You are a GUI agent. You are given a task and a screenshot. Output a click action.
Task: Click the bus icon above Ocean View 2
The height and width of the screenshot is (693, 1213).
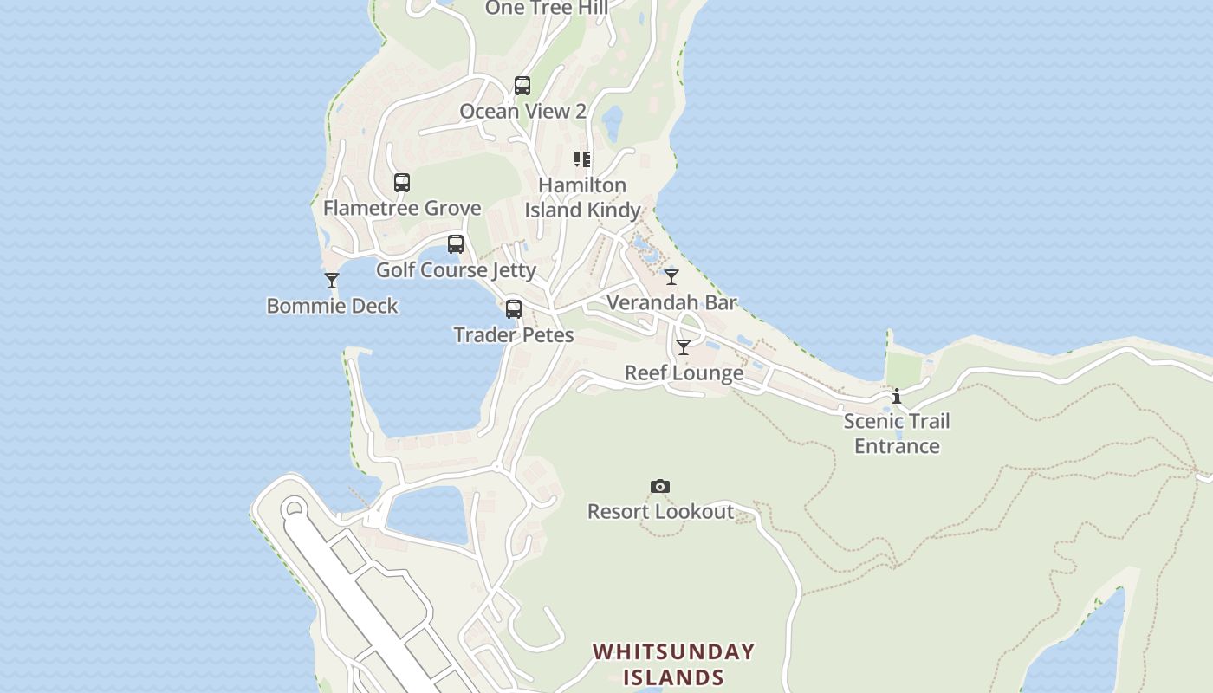(522, 86)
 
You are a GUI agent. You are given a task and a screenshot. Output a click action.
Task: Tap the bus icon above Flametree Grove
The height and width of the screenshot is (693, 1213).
(402, 183)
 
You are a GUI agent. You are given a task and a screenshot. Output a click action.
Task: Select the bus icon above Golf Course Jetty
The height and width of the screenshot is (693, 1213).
(456, 244)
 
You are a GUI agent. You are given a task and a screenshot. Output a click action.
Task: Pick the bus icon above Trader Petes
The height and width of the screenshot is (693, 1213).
(514, 309)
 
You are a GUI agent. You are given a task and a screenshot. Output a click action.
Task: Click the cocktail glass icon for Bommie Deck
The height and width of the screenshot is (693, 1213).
(332, 281)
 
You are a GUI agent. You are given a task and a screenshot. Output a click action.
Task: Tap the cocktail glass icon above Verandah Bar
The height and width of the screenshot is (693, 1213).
(671, 277)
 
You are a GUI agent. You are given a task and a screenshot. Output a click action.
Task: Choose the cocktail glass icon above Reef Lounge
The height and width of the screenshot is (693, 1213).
(684, 347)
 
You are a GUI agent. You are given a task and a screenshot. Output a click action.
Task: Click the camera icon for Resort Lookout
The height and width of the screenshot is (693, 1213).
(660, 487)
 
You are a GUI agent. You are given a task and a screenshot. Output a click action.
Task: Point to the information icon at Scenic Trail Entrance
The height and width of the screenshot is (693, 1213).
(897, 396)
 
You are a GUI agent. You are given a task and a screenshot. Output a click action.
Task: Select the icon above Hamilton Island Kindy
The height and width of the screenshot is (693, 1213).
(582, 159)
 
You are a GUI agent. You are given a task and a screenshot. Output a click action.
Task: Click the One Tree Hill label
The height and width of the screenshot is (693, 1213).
(546, 9)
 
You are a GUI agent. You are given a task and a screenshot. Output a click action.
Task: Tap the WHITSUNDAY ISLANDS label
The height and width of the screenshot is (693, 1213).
(673, 664)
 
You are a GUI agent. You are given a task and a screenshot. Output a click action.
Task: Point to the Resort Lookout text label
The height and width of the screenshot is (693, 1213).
(660, 512)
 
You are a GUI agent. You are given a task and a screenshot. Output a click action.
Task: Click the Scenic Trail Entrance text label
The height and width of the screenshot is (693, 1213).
(897, 433)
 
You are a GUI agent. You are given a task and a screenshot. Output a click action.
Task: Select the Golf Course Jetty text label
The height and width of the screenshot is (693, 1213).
(456, 270)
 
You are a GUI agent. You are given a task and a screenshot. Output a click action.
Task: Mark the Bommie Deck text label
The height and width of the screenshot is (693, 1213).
(332, 306)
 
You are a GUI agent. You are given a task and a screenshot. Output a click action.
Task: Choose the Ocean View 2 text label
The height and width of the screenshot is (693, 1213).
(522, 111)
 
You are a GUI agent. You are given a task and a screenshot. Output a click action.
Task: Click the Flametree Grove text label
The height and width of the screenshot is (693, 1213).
(402, 208)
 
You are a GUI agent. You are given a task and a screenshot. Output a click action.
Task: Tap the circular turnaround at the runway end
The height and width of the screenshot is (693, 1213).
(294, 508)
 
